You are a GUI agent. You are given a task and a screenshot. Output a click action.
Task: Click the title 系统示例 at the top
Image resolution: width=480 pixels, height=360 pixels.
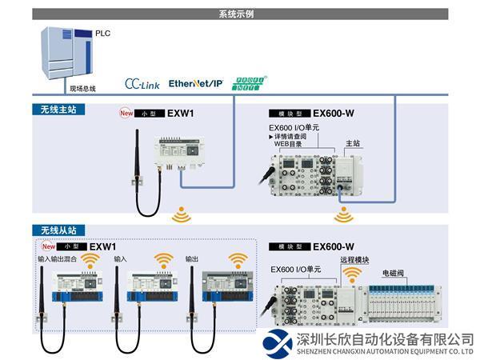(x=240, y=14)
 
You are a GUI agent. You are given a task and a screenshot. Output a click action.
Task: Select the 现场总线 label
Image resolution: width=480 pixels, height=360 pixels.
(x=82, y=88)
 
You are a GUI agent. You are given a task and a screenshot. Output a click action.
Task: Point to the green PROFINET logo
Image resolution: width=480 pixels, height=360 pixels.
(x=249, y=82)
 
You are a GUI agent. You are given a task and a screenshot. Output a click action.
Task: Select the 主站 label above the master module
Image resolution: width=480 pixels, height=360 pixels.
(x=351, y=143)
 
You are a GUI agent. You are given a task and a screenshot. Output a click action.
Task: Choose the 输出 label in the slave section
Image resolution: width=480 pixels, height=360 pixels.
(x=192, y=259)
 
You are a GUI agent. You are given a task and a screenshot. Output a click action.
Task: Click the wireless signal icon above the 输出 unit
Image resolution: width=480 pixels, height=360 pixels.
(x=238, y=259)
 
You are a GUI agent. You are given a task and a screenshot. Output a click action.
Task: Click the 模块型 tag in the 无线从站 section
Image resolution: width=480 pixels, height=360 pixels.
(x=289, y=247)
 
